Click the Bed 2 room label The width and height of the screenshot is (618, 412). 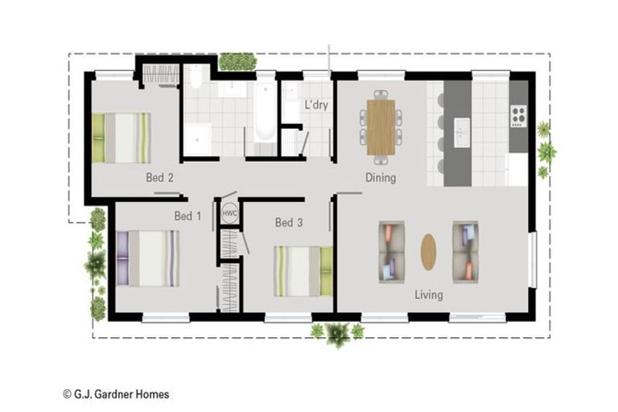tap(159, 177)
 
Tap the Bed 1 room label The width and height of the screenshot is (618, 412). tap(187, 216)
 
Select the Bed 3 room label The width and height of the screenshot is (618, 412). tap(289, 222)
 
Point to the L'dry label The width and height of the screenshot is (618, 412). tap(316, 105)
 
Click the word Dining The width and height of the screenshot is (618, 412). tap(381, 177)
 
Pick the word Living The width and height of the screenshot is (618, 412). tap(429, 295)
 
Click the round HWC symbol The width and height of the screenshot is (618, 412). tap(230, 213)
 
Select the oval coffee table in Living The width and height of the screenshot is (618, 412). tap(428, 252)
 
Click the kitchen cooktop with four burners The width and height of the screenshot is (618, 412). tap(519, 116)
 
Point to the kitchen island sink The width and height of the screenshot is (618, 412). tap(462, 133)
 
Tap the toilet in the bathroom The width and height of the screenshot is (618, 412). tap(196, 77)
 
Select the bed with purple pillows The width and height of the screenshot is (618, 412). tap(148, 258)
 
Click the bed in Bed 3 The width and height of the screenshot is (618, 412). tap(303, 271)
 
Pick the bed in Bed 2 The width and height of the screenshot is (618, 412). tap(122, 138)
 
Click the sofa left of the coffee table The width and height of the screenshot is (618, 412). tap(392, 252)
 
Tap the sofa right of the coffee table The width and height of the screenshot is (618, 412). tap(465, 252)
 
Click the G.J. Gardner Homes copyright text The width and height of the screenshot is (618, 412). tap(116, 393)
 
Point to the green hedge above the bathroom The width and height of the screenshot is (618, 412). tap(237, 61)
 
